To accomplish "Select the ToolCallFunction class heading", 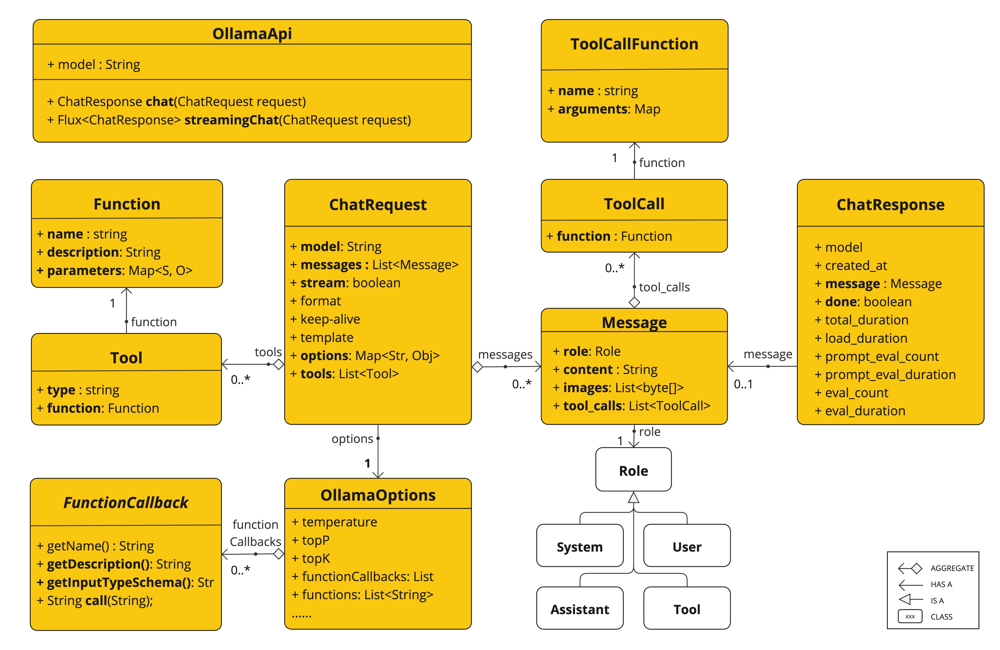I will (634, 44).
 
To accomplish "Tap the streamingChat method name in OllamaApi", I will (232, 120).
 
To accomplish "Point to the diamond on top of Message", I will (634, 302).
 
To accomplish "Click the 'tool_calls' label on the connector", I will (664, 287).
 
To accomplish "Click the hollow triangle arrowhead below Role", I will (633, 498).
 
